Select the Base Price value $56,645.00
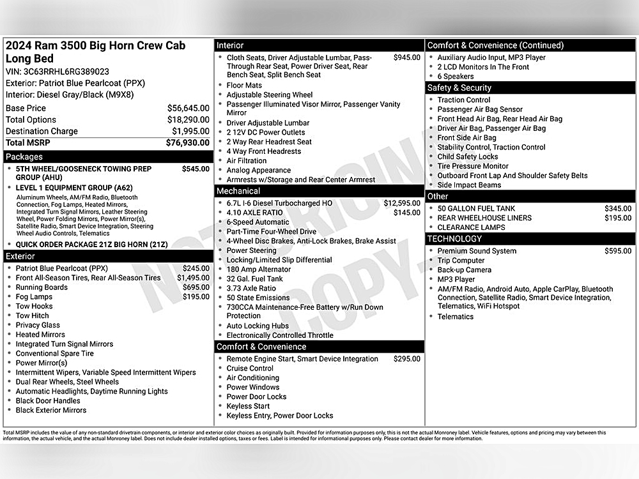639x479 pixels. (189, 109)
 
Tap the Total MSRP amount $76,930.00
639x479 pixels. (187, 143)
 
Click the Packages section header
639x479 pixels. (24, 156)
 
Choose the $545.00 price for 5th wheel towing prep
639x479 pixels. (196, 169)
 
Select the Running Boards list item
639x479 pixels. (42, 287)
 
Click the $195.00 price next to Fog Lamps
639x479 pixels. (196, 297)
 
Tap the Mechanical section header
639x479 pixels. (238, 191)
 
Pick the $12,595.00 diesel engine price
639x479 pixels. (402, 203)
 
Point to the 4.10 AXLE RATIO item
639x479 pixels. (254, 213)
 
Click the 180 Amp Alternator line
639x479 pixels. (258, 270)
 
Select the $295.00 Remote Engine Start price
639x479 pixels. (407, 359)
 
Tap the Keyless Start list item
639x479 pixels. (248, 406)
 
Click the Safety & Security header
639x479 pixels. (459, 88)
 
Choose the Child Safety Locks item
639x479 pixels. (468, 156)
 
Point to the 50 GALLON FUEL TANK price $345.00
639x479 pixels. (618, 209)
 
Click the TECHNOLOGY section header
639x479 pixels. (455, 239)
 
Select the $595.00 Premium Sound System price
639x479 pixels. (618, 251)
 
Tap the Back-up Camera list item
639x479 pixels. (465, 270)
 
